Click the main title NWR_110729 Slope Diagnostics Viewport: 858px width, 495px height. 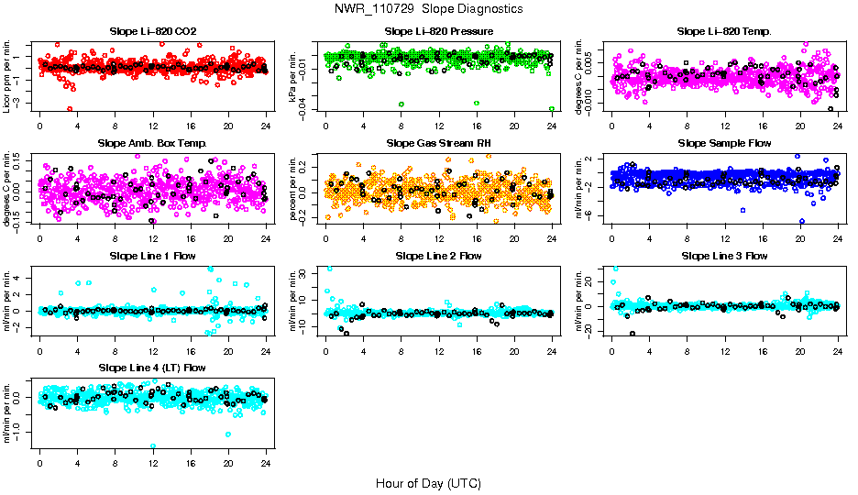(x=429, y=8)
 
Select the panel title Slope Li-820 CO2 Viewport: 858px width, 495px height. (x=152, y=31)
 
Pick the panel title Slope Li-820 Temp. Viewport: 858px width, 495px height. (x=724, y=31)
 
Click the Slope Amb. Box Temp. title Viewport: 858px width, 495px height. (x=152, y=143)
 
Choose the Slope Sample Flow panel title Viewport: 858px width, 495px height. (x=724, y=143)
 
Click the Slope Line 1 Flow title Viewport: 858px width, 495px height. (x=152, y=256)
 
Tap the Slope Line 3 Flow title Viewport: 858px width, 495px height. (x=724, y=256)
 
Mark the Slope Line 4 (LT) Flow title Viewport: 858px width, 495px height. (x=152, y=368)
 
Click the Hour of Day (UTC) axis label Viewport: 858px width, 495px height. (x=428, y=482)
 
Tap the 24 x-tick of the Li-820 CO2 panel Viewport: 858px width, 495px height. (x=266, y=126)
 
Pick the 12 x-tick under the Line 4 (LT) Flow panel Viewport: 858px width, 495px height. (x=153, y=462)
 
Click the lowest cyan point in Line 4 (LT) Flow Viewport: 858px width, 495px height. (x=153, y=446)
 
